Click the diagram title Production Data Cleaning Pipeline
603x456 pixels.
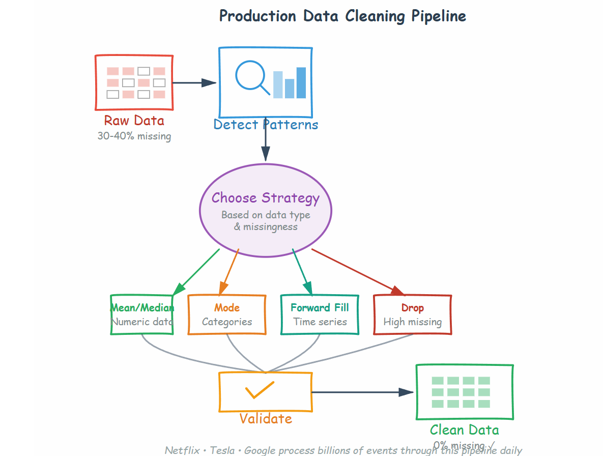click(x=342, y=16)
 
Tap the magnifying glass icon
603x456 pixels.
click(x=251, y=77)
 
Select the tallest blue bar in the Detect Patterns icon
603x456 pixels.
click(x=301, y=82)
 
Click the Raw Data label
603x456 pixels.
click(x=134, y=121)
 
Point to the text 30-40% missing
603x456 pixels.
click(x=134, y=136)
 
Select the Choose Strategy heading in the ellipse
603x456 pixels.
click(x=265, y=197)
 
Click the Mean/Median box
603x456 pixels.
click(x=142, y=315)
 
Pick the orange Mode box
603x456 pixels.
click(x=227, y=315)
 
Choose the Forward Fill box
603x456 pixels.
click(x=320, y=315)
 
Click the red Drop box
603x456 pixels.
click(x=412, y=315)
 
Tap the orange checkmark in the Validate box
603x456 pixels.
click(x=260, y=390)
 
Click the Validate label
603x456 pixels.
click(x=266, y=419)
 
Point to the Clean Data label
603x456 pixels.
click(x=464, y=430)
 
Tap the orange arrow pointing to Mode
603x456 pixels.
click(x=229, y=272)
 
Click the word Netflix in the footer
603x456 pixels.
click(x=182, y=450)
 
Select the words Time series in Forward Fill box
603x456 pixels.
click(x=320, y=322)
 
